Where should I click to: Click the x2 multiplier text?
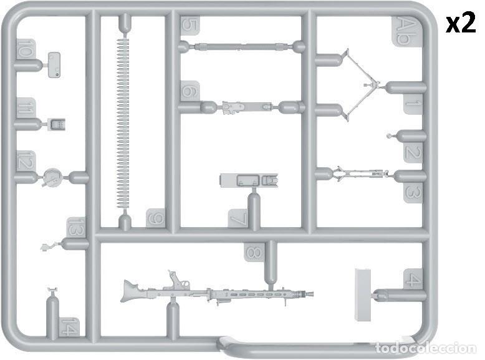pos(461,22)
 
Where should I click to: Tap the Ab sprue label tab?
pos(405,31)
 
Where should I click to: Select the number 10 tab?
pos(25,49)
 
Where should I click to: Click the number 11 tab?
pos(26,108)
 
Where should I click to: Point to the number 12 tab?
pos(26,160)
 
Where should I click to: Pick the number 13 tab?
pos(76,228)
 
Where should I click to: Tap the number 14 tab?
pos(70,326)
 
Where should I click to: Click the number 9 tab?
pos(156,218)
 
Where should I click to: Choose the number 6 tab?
pos(190,91)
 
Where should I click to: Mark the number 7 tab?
pos(238,219)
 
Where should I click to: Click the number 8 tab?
pos(254,251)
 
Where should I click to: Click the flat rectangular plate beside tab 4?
pos(363,295)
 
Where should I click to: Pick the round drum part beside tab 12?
pos(52,177)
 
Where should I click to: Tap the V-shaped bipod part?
pos(360,84)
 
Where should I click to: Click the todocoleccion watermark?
pos(426,349)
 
